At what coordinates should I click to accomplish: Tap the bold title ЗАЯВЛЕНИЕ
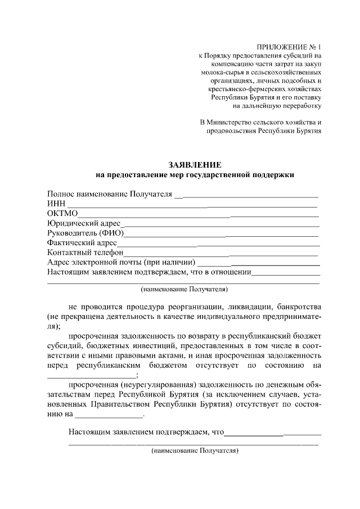click(195, 165)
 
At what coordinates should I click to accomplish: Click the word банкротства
click(292, 308)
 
